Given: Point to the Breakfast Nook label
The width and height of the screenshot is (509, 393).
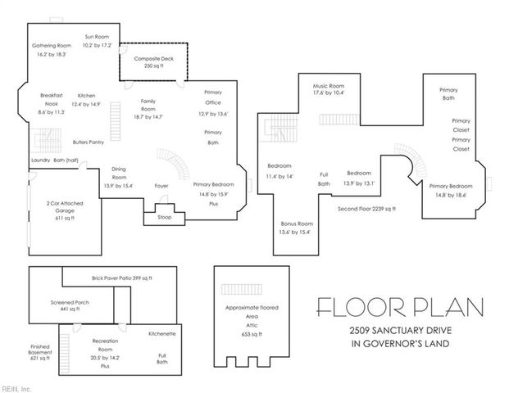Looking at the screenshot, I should [52, 100].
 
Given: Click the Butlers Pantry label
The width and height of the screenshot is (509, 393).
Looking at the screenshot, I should [88, 142].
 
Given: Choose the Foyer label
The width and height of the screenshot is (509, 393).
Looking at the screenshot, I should [161, 186].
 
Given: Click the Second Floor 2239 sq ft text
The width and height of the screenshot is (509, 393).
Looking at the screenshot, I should [366, 209].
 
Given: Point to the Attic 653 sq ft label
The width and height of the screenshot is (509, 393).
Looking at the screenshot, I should [252, 318].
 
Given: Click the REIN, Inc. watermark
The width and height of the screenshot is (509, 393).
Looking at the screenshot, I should [16, 386].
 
